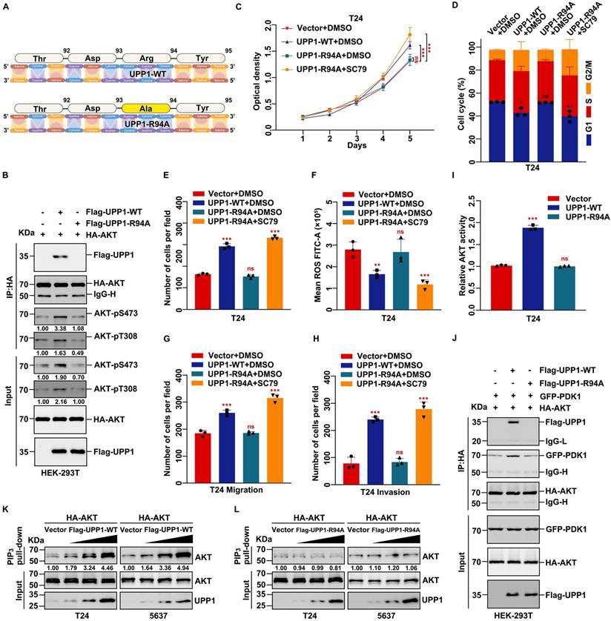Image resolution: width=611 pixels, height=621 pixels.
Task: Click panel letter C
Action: click(238, 7)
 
